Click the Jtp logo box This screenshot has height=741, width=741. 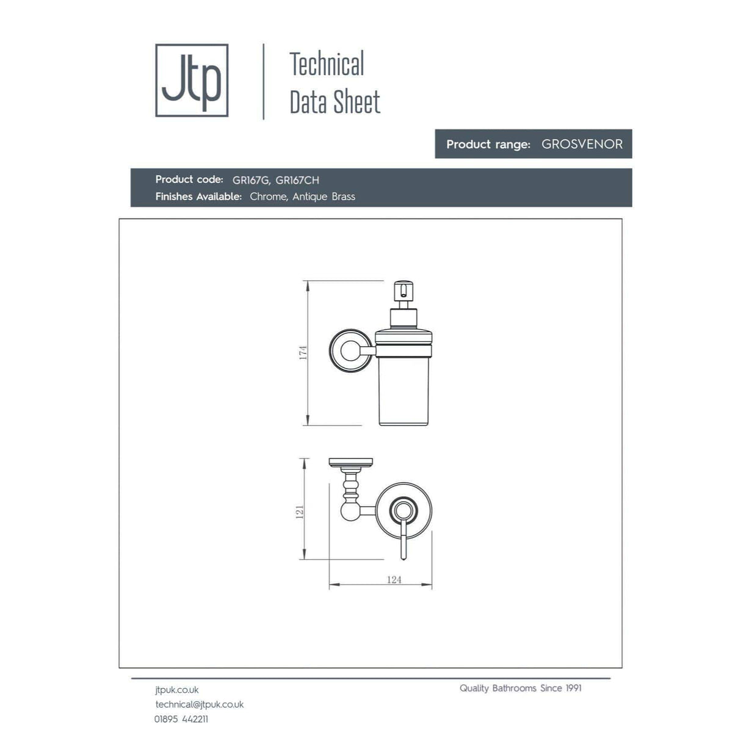click(192, 80)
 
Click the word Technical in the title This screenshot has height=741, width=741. click(327, 64)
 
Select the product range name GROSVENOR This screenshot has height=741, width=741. click(582, 144)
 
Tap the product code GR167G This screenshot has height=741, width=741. click(251, 180)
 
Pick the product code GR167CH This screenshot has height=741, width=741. click(297, 180)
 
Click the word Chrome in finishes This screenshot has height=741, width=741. click(268, 197)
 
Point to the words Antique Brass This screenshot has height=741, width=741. click(324, 197)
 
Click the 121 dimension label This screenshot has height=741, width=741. click(300, 511)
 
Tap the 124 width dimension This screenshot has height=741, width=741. click(394, 580)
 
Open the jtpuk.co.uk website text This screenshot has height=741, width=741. click(177, 690)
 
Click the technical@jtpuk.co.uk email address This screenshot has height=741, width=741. click(200, 704)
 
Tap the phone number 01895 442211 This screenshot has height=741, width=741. click(181, 719)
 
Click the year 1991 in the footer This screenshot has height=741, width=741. click(573, 689)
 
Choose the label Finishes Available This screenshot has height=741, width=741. click(198, 197)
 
